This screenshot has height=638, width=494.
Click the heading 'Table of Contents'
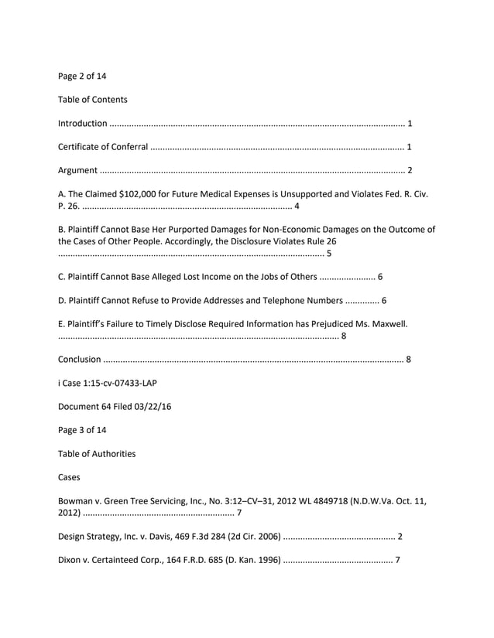(93, 100)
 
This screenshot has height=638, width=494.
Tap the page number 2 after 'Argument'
(410, 170)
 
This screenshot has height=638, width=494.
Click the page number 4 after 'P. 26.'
(297, 206)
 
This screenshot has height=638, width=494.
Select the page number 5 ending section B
(330, 253)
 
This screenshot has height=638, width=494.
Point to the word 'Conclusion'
(80, 359)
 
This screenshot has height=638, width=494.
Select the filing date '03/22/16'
(153, 406)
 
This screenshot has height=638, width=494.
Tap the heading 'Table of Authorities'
(97, 453)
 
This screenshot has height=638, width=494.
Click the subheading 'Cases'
(70, 477)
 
